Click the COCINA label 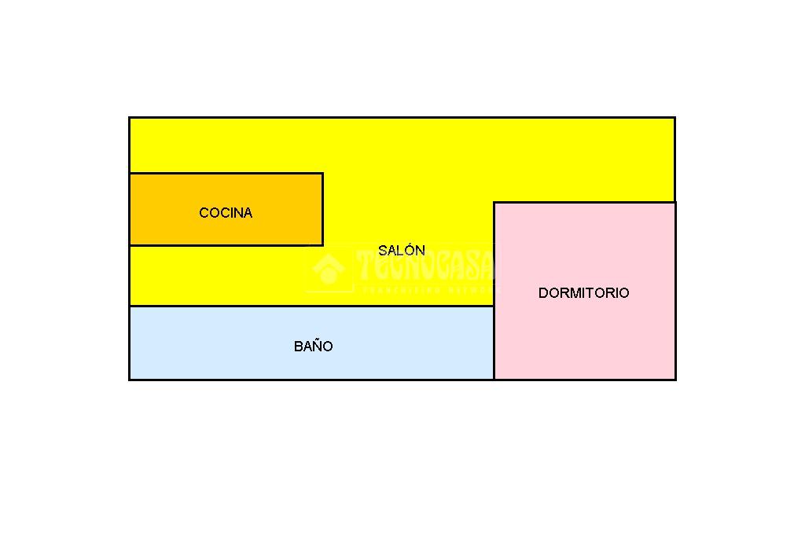[x=226, y=213]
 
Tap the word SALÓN [x=402, y=251]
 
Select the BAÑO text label [x=313, y=347]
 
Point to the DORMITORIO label [x=583, y=293]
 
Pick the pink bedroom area [x=583, y=338]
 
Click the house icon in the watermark [x=329, y=269]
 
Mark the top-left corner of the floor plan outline [x=130, y=118]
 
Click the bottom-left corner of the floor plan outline [x=130, y=380]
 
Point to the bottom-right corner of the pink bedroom [x=675, y=380]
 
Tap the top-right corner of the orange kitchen [x=322, y=174]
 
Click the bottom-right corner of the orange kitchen [x=322, y=245]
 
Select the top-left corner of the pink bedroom [x=494, y=203]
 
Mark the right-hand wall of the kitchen [x=322, y=210]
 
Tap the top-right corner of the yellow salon [x=674, y=119]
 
